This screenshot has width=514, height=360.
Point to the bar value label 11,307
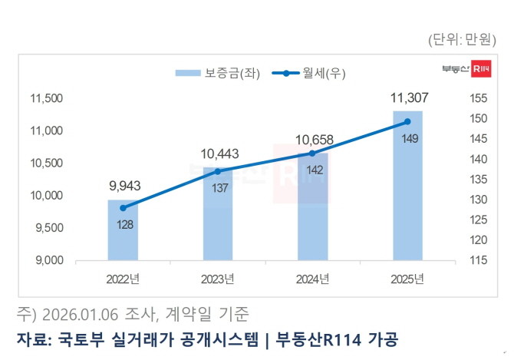(407, 98)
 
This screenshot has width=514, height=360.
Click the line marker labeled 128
(123, 208)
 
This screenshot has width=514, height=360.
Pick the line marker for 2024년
(312, 154)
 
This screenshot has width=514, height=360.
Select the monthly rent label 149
(407, 139)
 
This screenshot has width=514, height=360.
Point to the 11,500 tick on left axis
(45, 98)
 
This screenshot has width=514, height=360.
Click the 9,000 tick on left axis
(48, 261)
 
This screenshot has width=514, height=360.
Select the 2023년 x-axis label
(218, 278)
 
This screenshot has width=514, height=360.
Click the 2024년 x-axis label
(312, 278)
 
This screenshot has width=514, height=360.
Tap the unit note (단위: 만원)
(464, 41)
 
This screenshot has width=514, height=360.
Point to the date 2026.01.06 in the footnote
(80, 315)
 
